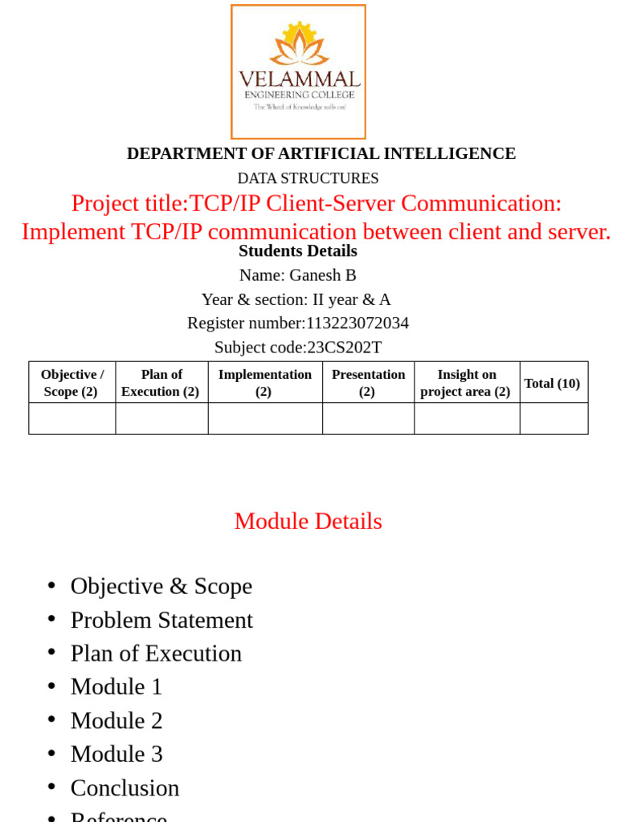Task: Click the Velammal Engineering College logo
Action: coord(298,72)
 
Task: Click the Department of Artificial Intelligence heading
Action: coord(321,153)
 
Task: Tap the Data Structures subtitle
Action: coord(308,178)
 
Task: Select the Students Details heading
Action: coord(298,251)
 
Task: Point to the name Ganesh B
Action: coord(322,275)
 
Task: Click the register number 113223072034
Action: coord(358,324)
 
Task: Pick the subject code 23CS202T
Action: coord(345,348)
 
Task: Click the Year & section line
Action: coord(296,299)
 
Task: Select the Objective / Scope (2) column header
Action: coord(72,383)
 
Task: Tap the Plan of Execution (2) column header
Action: coord(161,383)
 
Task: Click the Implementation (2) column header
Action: coord(264,383)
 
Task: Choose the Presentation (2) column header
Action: coord(368,383)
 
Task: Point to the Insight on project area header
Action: coord(466,383)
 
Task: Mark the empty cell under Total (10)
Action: coord(554,418)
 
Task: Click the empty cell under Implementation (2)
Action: coord(264,418)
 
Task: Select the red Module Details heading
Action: coord(308,522)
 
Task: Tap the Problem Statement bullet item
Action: coord(161,621)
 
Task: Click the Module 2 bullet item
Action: coord(116,721)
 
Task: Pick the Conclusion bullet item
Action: coord(125,788)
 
